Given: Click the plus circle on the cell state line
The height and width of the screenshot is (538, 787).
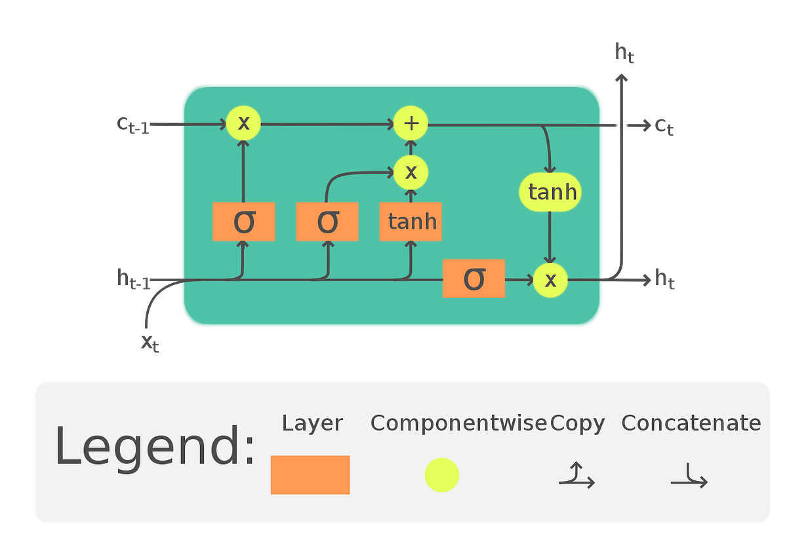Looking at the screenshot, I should (411, 123).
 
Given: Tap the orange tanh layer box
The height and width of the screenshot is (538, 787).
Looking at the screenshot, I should (411, 221).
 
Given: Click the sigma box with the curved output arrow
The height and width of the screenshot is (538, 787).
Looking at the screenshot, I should (327, 221).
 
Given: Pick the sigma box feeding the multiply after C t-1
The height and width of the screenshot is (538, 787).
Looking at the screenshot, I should (243, 221).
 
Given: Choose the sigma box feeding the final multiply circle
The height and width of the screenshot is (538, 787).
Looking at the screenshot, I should (474, 279).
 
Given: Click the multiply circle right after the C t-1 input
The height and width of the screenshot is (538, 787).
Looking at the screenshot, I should (243, 123).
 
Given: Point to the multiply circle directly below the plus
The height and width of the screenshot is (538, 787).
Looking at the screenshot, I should (411, 172).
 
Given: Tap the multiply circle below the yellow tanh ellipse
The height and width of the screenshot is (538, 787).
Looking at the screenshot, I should (550, 280).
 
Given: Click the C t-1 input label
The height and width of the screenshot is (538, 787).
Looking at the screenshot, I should (134, 124).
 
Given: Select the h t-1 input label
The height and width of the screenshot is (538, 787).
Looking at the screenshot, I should (134, 280).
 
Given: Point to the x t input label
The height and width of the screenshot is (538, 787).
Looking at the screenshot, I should (150, 341).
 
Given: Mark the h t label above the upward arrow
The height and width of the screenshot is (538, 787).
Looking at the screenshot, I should (624, 52).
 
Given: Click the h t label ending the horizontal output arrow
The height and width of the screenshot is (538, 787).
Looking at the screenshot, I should (665, 280).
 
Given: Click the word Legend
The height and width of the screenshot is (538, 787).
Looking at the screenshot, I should (154, 446).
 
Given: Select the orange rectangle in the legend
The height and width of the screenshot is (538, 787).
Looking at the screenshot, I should (310, 474).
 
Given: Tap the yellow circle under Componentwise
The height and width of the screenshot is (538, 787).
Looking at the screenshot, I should (441, 475).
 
